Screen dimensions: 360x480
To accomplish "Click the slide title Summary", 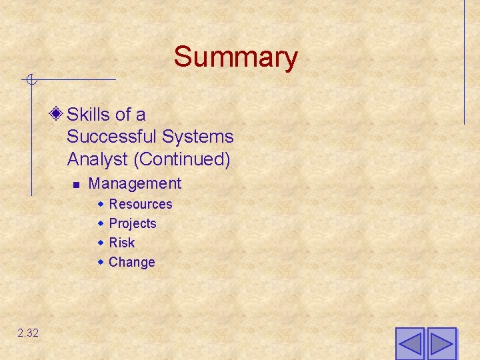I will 235,57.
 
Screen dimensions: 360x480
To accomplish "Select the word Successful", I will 111,137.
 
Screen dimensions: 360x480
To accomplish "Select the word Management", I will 135,183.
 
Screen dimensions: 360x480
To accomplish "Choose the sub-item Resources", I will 140,204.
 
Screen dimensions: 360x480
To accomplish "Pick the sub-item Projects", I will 132,223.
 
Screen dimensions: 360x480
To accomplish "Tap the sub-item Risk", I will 121,243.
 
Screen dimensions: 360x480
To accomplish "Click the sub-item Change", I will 131,262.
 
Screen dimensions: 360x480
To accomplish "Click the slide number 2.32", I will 29,333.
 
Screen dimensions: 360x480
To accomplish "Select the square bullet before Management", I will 77,185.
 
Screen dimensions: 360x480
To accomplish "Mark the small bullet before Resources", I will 101,203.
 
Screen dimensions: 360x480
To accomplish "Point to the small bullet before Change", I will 101,261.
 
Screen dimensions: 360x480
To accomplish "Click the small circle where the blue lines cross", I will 31,80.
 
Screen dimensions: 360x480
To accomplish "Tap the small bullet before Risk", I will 101,242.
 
